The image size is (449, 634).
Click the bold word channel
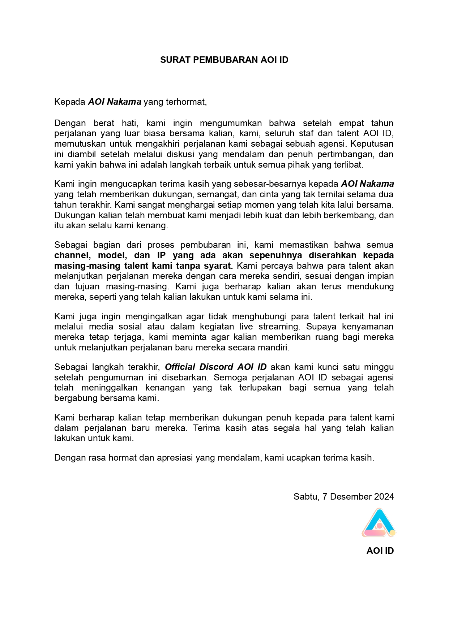[72, 255]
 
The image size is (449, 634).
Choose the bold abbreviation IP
[161, 255]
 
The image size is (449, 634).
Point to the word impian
[381, 276]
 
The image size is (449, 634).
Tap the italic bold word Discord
[216, 367]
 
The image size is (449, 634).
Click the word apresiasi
[175, 458]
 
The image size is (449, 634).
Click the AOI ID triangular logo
[379, 523]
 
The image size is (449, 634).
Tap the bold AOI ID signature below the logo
[380, 551]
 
